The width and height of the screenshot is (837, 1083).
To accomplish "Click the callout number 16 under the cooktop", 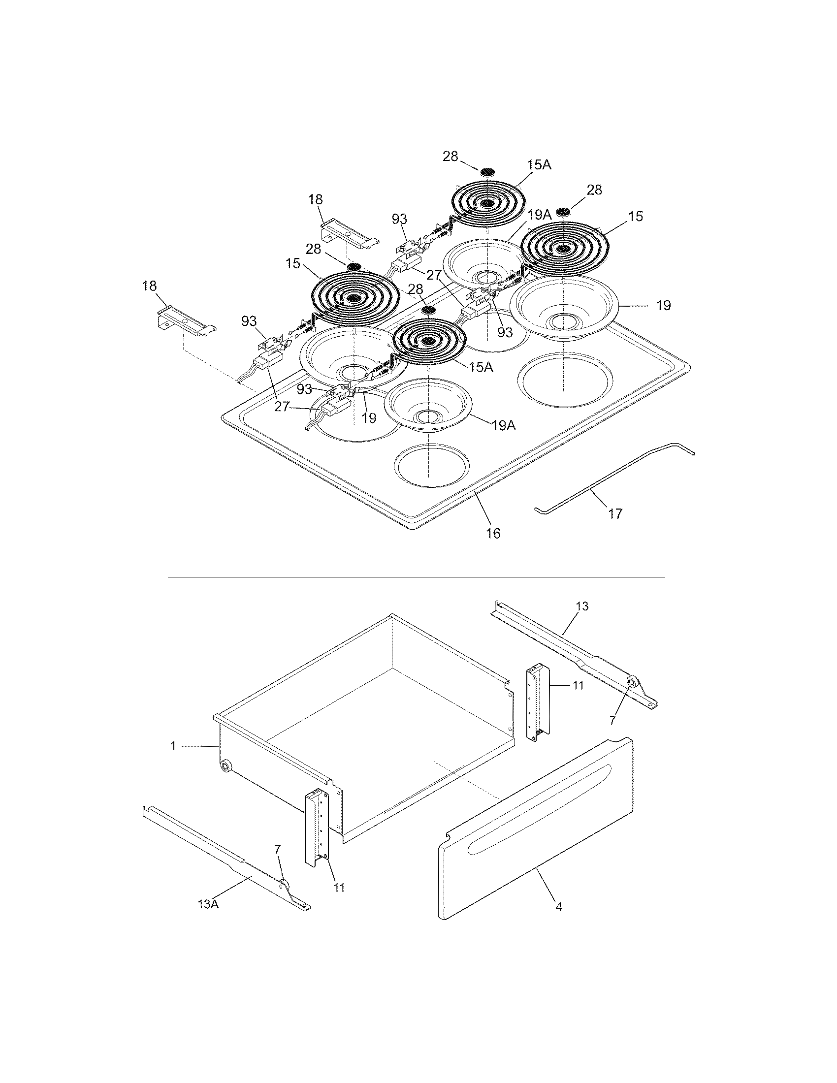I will point(493,533).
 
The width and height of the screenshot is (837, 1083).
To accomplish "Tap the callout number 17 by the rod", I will point(615,514).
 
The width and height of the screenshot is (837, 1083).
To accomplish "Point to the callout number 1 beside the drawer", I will point(173,746).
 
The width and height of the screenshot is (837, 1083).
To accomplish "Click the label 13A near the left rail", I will point(208,904).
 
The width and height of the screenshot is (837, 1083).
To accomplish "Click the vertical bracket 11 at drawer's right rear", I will point(538,702).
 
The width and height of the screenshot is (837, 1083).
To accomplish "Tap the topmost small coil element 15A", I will point(488,203).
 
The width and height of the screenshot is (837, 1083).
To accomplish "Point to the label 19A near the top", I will point(539,215).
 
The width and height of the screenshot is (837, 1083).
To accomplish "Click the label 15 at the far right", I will point(636,216).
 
